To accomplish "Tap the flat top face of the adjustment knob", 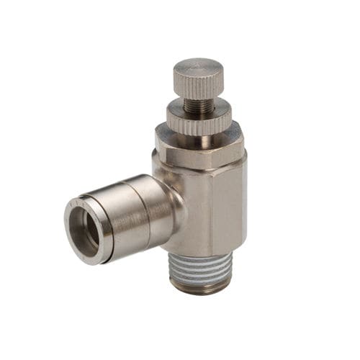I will point(198,67).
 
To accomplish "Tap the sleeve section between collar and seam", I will point(108,216).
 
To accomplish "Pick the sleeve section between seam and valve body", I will point(148,205).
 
